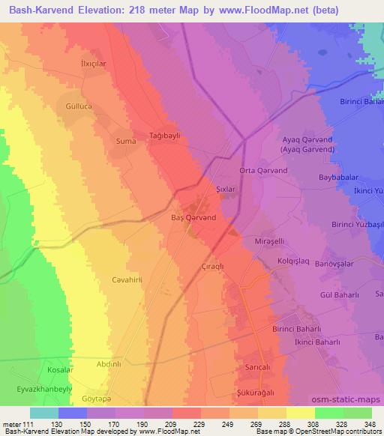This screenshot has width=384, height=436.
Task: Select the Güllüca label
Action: [82, 107]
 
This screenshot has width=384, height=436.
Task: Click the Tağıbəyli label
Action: [166, 127]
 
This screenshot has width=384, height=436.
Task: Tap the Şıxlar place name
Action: [226, 190]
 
